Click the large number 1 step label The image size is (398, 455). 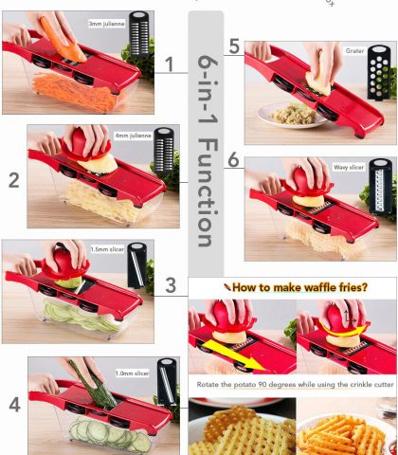pyautogui.click(x=169, y=64)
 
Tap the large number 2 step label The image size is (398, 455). pyautogui.click(x=13, y=180)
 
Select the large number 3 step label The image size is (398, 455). pyautogui.click(x=170, y=285)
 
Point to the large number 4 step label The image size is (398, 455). pyautogui.click(x=13, y=405)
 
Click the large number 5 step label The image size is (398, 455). pyautogui.click(x=234, y=45)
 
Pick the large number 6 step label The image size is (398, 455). pyautogui.click(x=234, y=161)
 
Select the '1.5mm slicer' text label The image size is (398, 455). pyautogui.click(x=104, y=251)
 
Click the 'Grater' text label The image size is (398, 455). pyautogui.click(x=354, y=51)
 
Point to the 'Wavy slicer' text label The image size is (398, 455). pyautogui.click(x=348, y=167)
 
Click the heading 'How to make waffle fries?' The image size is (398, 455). pyautogui.click(x=294, y=285)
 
